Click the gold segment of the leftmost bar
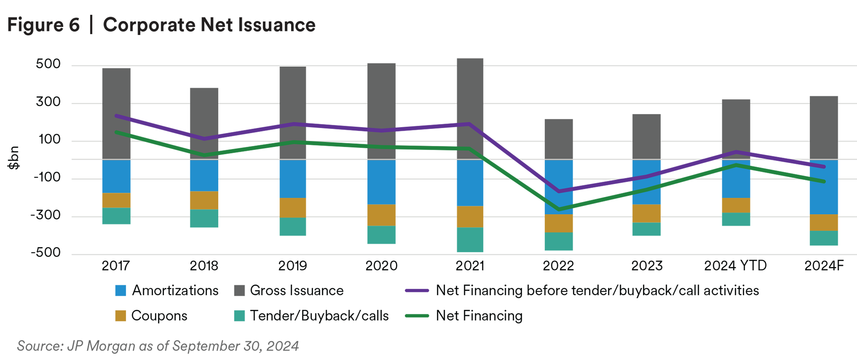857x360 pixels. [116, 200]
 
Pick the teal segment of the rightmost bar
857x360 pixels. [823, 240]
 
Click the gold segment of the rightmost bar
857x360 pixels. [823, 223]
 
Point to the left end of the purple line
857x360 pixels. [116, 116]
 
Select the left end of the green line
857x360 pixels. [116, 132]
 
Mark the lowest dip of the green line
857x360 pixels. [559, 208]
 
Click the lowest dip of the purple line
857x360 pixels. [559, 192]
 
